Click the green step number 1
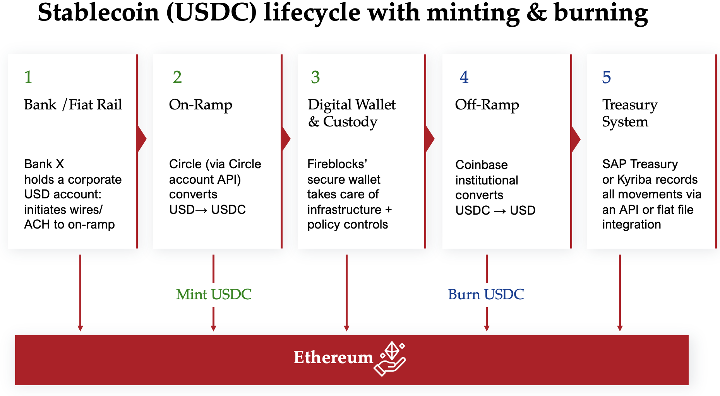pyautogui.click(x=28, y=77)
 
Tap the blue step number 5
pyautogui.click(x=606, y=77)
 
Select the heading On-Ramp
pyautogui.click(x=201, y=105)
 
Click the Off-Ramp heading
pyautogui.click(x=487, y=105)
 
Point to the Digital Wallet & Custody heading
pyautogui.click(x=351, y=113)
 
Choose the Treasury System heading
pyautogui.click(x=629, y=113)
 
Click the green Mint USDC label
pyautogui.click(x=214, y=295)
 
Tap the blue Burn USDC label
pyautogui.click(x=486, y=295)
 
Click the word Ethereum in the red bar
pyautogui.click(x=333, y=357)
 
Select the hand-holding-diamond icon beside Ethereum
pyautogui.click(x=391, y=358)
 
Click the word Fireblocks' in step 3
pyautogui.click(x=337, y=164)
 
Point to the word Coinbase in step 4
pyautogui.click(x=481, y=165)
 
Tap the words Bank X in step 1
pyautogui.click(x=44, y=164)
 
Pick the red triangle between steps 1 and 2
pyautogui.click(x=142, y=138)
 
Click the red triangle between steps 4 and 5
pyautogui.click(x=576, y=138)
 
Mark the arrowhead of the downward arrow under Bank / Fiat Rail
pyautogui.click(x=80, y=328)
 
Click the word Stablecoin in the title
pyautogui.click(x=98, y=12)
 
